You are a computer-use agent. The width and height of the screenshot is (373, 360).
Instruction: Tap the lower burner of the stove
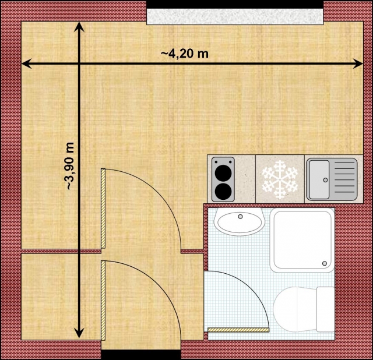pyautogui.click(x=221, y=190)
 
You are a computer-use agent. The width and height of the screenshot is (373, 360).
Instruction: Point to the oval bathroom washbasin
pyautogui.click(x=238, y=223)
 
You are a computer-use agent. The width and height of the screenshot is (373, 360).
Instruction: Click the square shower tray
pyautogui.click(x=301, y=240)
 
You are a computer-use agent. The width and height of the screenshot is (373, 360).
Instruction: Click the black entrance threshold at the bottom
pyautogui.click(x=140, y=354)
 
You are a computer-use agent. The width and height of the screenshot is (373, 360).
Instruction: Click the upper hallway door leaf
pyautogui.click(x=103, y=207)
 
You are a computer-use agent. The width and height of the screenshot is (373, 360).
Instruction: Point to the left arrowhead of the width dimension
pyautogui.click(x=27, y=63)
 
